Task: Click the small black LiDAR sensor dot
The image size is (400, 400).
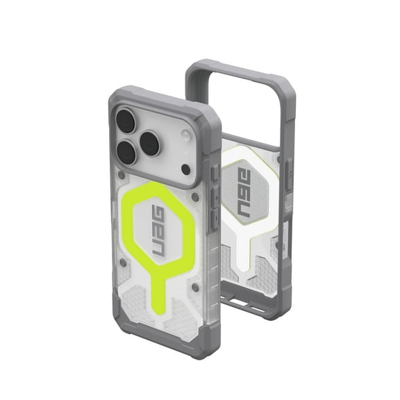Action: click(x=185, y=169)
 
